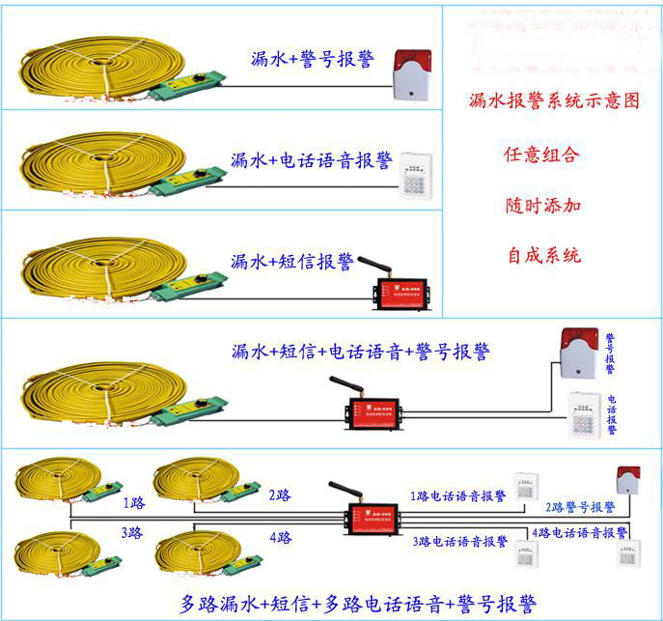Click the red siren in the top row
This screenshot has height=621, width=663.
tap(412, 74)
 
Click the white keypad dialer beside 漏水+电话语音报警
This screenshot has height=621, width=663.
tap(418, 175)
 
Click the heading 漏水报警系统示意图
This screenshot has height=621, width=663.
tap(553, 99)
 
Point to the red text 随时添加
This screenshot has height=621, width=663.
tap(543, 206)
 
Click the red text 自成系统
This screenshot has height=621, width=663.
tap(543, 257)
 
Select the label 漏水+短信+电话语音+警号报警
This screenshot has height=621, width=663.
tap(360, 352)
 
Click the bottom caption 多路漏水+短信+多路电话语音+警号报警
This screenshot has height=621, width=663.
tap(358, 605)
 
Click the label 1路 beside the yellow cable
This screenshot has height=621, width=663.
tap(133, 503)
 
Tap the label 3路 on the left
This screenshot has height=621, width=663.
tap(132, 533)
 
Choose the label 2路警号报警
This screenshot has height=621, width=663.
tap(581, 506)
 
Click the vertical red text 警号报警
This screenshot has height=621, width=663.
tap(610, 354)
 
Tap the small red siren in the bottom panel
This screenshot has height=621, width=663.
tap(628, 477)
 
